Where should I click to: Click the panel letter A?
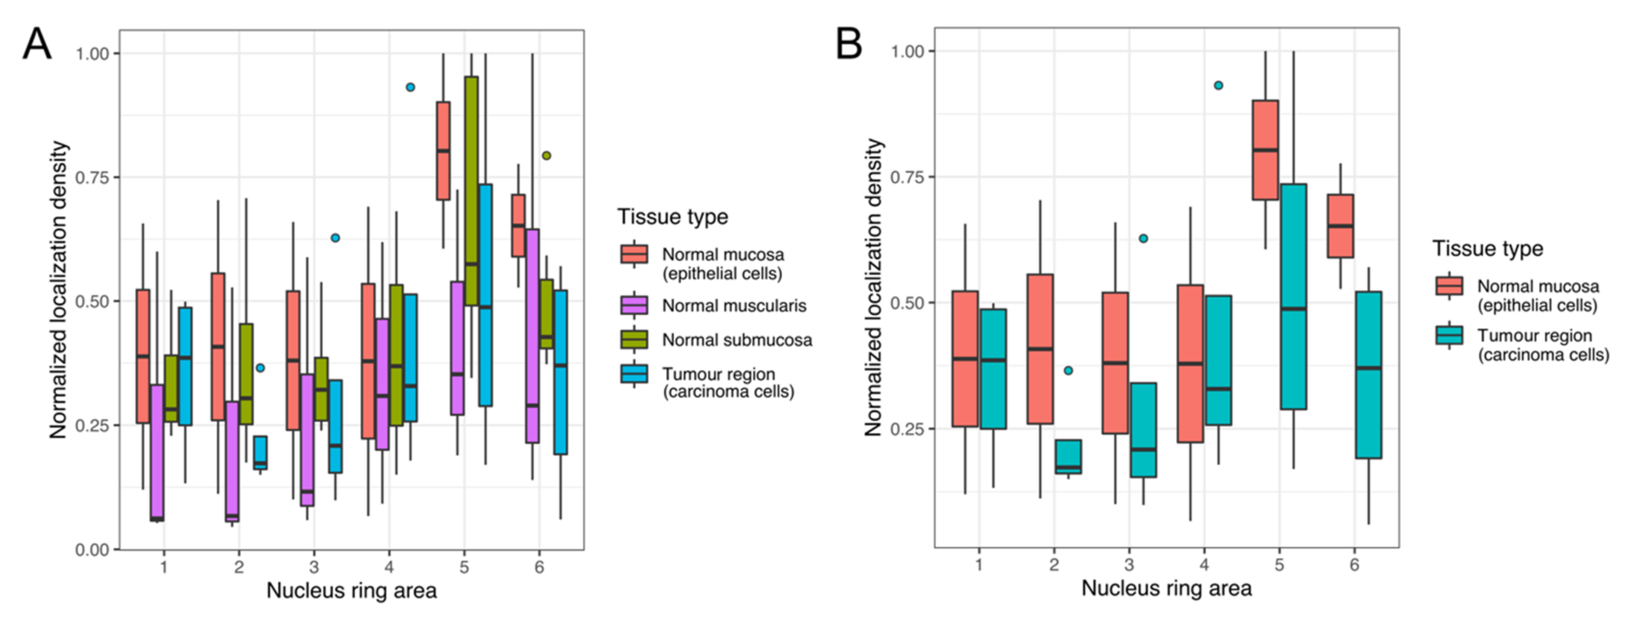tap(37, 45)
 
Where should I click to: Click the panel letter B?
tap(849, 44)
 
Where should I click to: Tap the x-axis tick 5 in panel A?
tap(464, 567)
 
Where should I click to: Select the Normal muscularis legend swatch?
tap(634, 305)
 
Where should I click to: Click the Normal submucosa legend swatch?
tap(634, 340)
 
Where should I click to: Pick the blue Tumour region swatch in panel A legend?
tap(634, 375)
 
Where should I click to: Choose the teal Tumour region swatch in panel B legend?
tap(1449, 336)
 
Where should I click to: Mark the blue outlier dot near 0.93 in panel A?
tap(410, 87)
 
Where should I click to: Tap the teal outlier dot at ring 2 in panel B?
tap(1068, 371)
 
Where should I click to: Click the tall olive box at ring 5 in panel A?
tap(470, 189)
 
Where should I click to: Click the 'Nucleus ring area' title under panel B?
tap(1166, 588)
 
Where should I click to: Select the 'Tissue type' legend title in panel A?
tap(672, 217)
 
